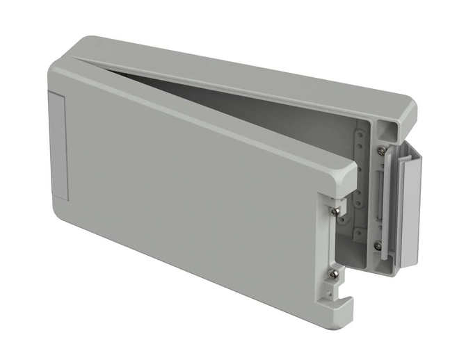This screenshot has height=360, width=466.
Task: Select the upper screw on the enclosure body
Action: click(380, 150)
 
